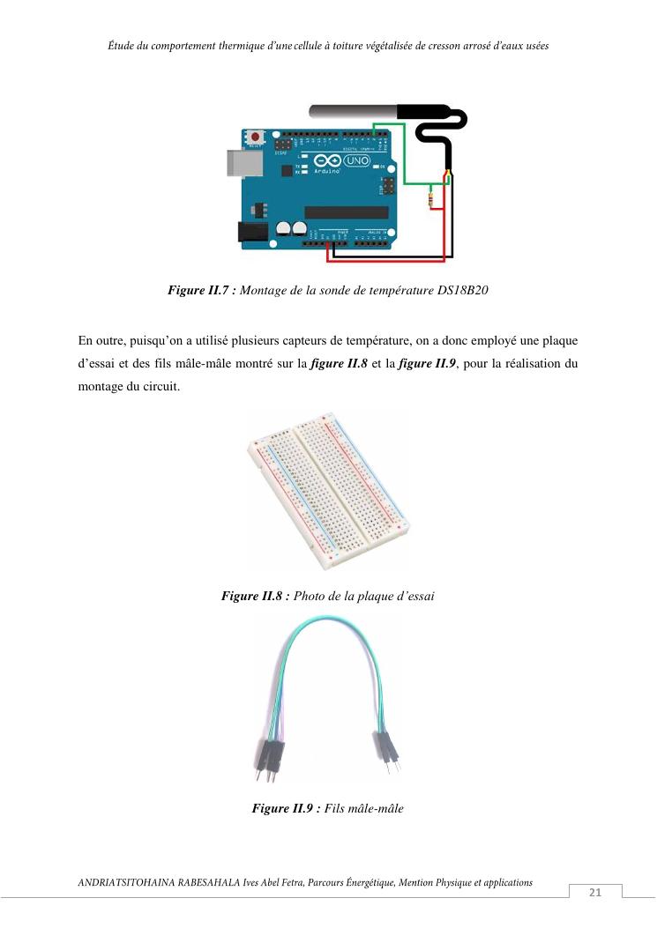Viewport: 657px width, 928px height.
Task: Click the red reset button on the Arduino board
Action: click(256, 137)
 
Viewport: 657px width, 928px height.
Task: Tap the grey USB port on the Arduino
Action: click(244, 163)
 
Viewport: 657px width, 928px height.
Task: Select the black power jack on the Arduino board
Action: click(253, 232)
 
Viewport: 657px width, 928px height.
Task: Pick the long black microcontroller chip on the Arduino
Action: click(347, 212)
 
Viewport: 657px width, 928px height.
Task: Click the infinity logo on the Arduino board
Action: click(327, 160)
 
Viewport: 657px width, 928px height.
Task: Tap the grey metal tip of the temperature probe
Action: click(353, 111)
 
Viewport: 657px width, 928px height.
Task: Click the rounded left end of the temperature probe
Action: click(310, 111)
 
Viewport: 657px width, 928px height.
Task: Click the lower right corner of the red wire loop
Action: click(444, 260)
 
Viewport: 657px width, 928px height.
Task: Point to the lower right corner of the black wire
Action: click(452, 256)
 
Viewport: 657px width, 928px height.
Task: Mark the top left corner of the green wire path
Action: click(374, 124)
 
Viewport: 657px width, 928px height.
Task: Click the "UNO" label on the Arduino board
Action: click(357, 160)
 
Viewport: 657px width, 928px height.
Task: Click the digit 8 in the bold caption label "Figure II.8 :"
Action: click(279, 596)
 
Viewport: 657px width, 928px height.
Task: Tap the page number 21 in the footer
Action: click(595, 892)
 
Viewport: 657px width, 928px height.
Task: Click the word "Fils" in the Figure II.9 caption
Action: click(334, 808)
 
